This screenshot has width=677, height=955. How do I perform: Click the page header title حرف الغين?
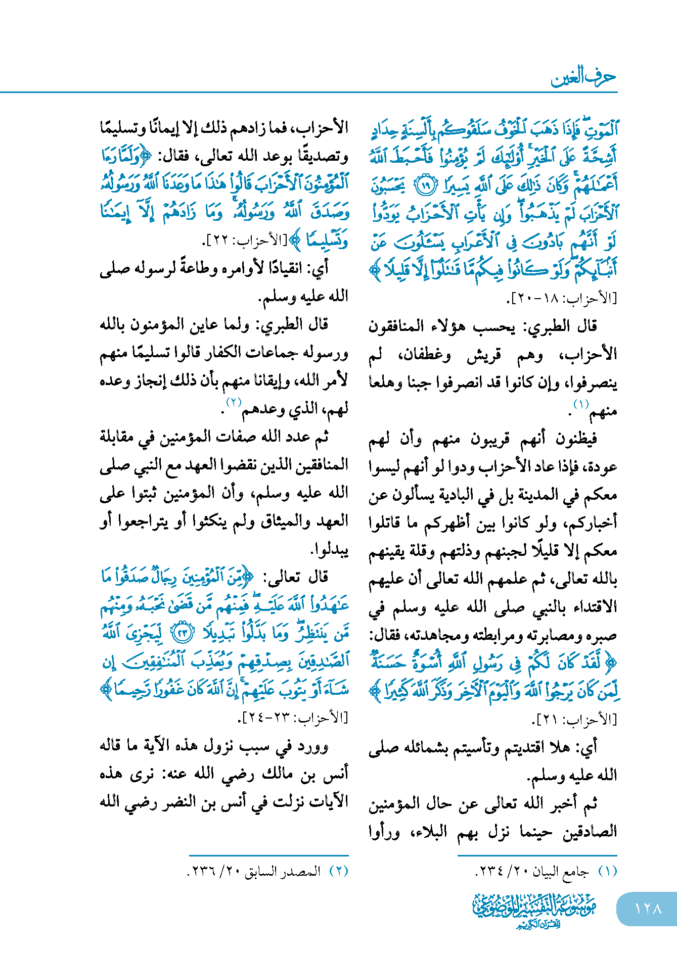coord(583,77)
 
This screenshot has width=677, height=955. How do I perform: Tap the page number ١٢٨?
coord(648,908)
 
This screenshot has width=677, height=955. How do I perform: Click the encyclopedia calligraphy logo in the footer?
coord(534,910)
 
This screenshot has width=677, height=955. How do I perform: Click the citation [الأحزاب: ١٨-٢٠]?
coord(561,299)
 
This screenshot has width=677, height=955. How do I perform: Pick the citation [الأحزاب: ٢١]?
coord(575,719)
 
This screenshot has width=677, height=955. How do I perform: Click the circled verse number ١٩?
coord(425,185)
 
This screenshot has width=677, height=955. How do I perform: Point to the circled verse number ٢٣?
coord(183,633)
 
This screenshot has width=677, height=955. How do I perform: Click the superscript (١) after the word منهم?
coord(581,404)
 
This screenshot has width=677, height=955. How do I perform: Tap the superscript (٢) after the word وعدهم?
coord(234,402)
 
